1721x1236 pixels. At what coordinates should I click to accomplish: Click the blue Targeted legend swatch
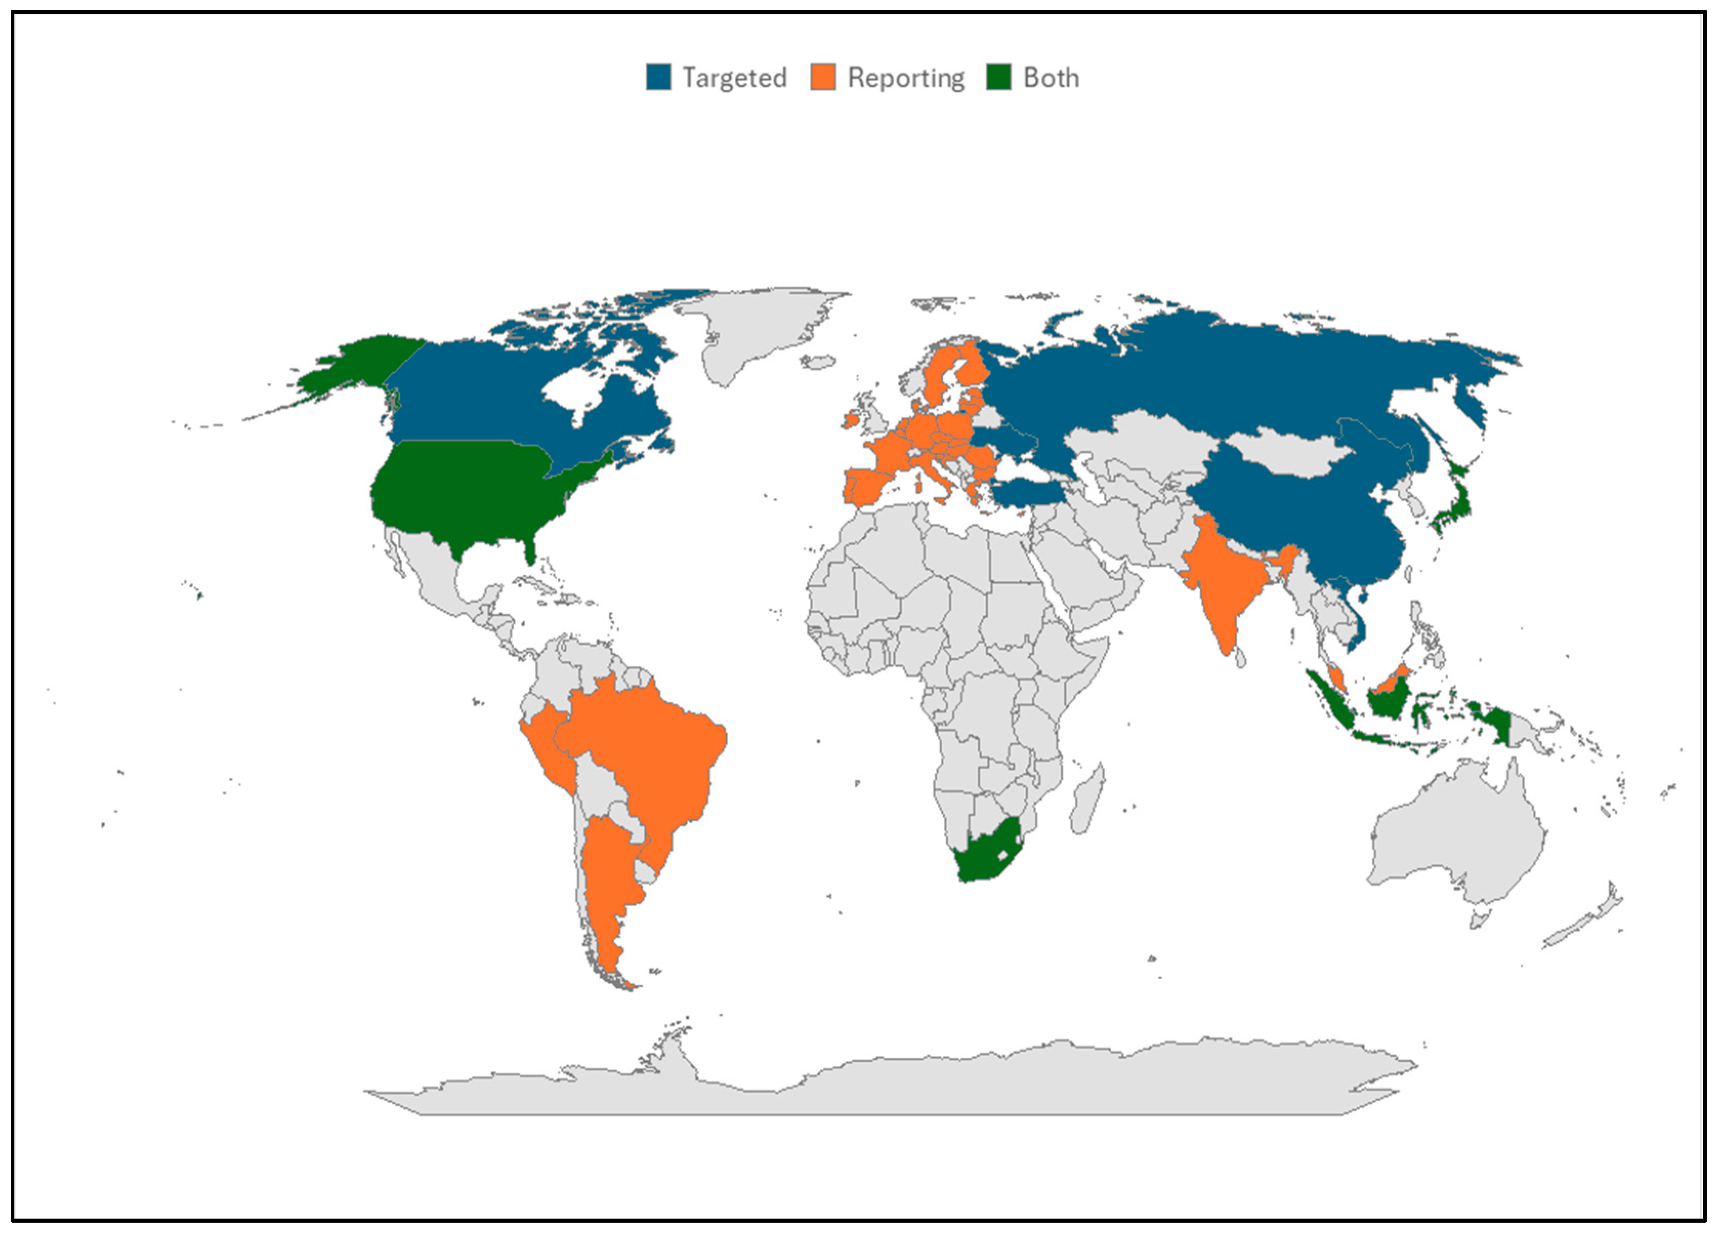pyautogui.click(x=658, y=77)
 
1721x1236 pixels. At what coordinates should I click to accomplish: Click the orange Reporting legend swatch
pyautogui.click(x=823, y=77)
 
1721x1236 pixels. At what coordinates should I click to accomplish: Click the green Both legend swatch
pyautogui.click(x=999, y=77)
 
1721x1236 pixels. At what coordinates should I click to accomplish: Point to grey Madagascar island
pyautogui.click(x=1086, y=800)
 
